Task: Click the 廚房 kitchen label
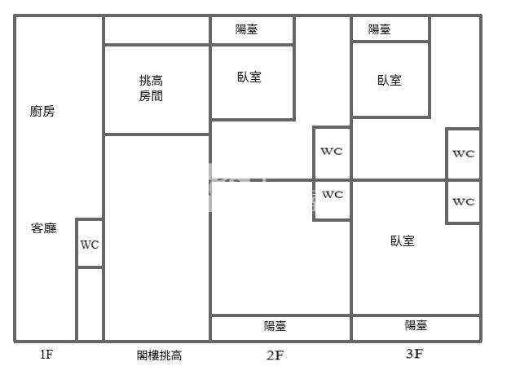(x=42, y=112)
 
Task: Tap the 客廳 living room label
(x=43, y=228)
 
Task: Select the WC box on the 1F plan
(x=90, y=243)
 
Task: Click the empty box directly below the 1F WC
(x=90, y=303)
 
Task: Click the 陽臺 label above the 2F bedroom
(x=248, y=30)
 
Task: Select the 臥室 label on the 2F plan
(x=249, y=77)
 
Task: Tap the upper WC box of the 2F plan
(x=332, y=152)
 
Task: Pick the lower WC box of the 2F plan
(x=332, y=196)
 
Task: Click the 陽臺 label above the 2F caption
(x=275, y=326)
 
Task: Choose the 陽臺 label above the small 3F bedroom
(x=379, y=29)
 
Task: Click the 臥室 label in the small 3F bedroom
(x=390, y=80)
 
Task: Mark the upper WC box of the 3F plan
(x=463, y=153)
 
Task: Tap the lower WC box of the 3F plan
(x=463, y=201)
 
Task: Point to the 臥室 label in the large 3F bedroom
(x=403, y=240)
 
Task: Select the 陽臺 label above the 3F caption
(x=416, y=326)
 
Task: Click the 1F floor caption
(x=46, y=355)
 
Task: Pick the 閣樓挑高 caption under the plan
(x=159, y=355)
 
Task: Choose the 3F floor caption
(x=414, y=354)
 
